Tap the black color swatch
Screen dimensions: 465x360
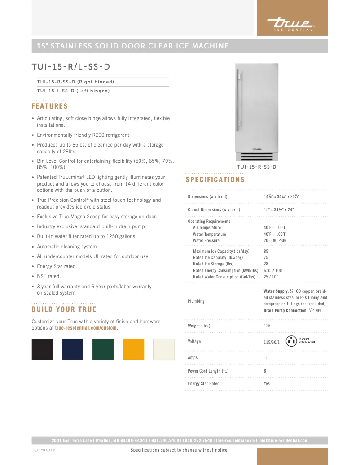[42, 349]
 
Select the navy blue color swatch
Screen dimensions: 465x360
[73, 349]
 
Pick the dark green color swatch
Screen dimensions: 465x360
[103, 349]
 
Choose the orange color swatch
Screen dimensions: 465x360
[134, 349]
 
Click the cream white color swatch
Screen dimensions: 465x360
[164, 349]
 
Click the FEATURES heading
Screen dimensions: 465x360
[49, 106]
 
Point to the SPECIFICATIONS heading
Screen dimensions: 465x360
[215, 180]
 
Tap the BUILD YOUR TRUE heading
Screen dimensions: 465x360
[64, 309]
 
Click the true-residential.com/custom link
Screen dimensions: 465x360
[86, 328]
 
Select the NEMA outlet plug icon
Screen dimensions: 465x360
[290, 341]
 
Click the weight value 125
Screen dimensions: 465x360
[268, 326]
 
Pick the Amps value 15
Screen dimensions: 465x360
[266, 358]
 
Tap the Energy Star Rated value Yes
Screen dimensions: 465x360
[267, 384]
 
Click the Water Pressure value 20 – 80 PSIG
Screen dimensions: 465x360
[275, 241]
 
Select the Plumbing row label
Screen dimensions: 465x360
[196, 301]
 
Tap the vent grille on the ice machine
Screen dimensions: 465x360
[256, 156]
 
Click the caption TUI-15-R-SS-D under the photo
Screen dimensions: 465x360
[256, 167]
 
